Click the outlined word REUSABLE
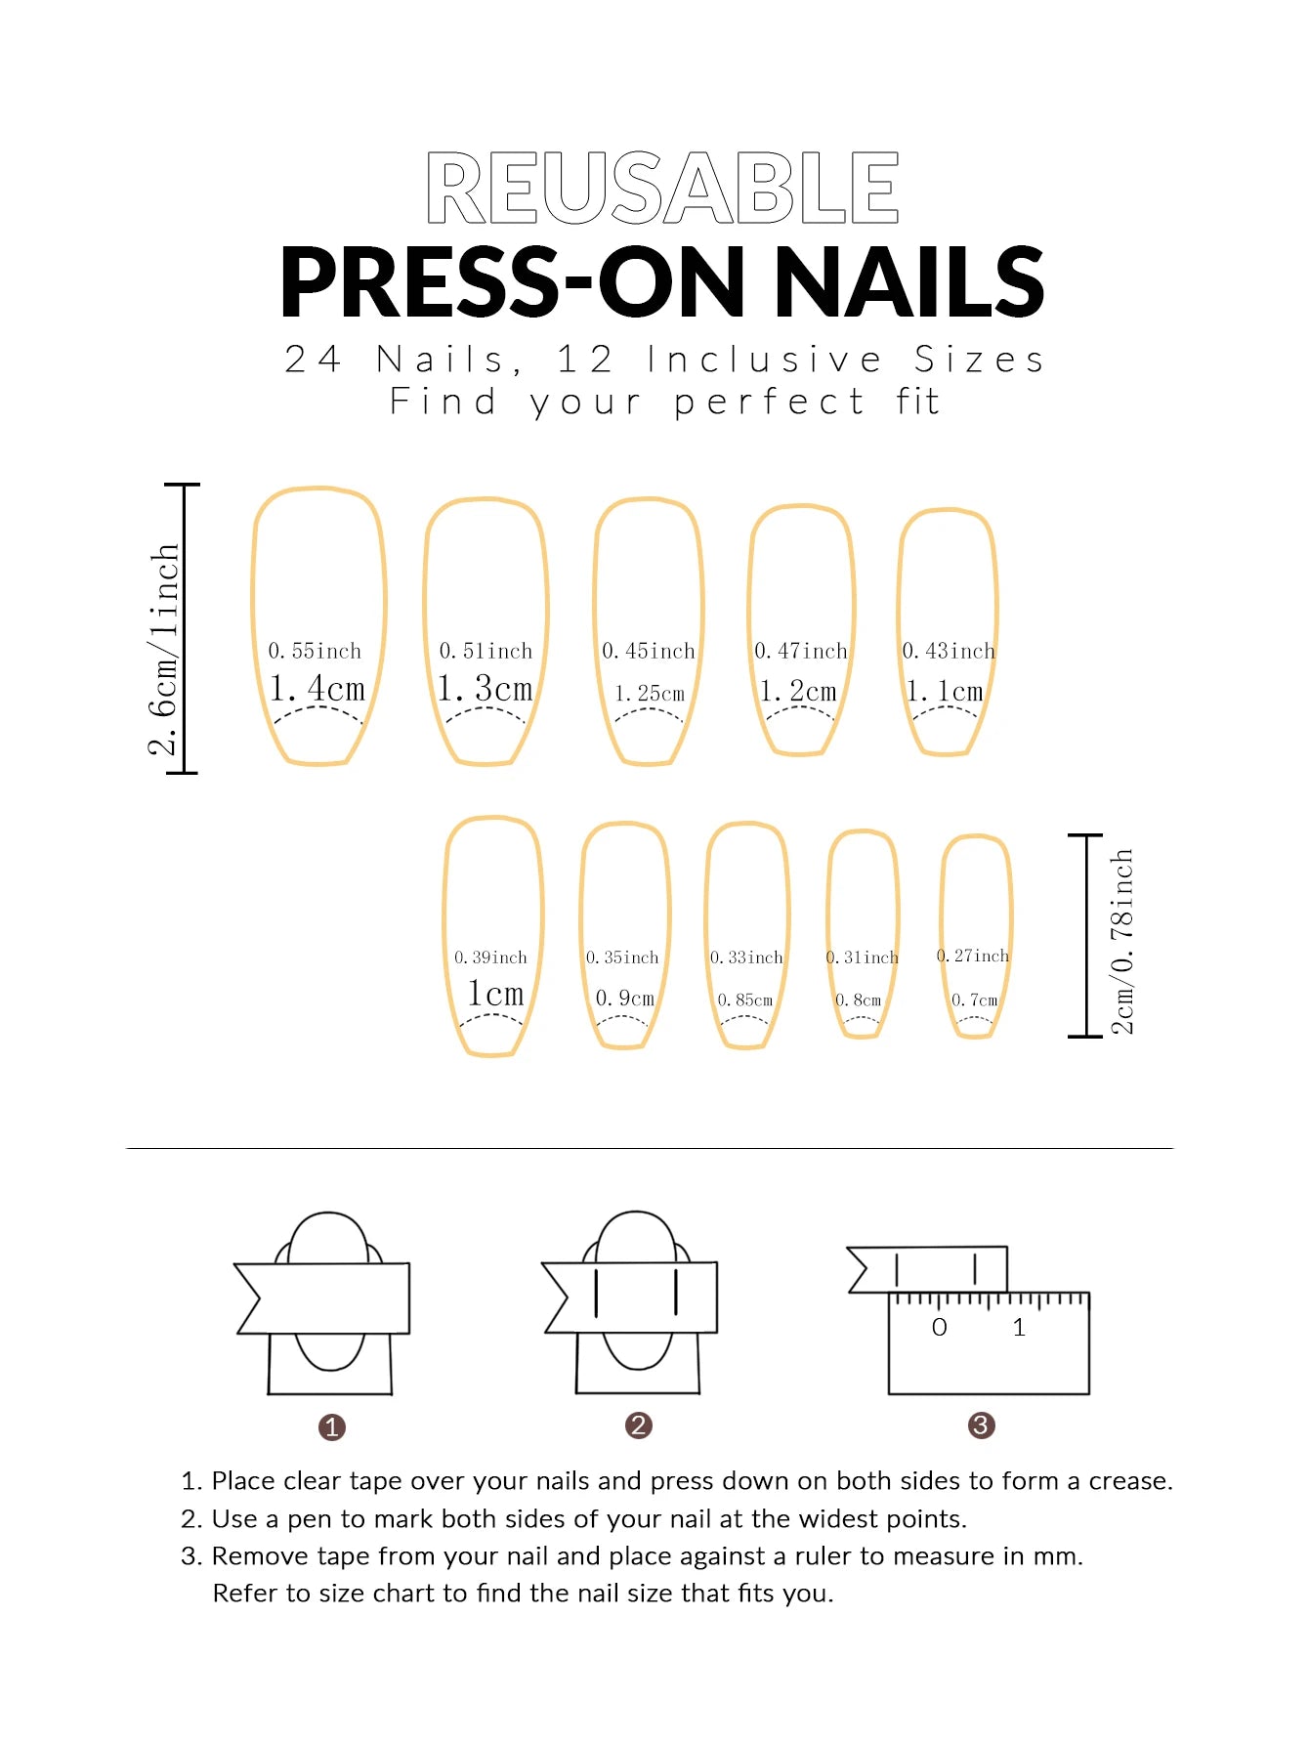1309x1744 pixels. (x=662, y=188)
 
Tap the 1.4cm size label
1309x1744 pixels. (x=317, y=689)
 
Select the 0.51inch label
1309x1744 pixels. (x=486, y=651)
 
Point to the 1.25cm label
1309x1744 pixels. (x=649, y=694)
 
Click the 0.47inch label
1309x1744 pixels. (x=801, y=651)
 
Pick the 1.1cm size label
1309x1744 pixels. (x=945, y=692)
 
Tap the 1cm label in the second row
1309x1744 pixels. (x=495, y=994)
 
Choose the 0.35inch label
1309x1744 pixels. (x=622, y=957)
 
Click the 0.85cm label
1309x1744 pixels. (x=745, y=1000)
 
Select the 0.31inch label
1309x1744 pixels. (x=862, y=957)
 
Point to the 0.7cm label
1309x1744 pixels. (x=975, y=1000)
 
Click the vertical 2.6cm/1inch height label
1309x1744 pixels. (x=164, y=650)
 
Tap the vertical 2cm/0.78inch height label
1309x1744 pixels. (x=1122, y=941)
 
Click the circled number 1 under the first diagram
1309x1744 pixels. (x=331, y=1427)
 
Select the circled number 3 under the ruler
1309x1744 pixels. (x=981, y=1425)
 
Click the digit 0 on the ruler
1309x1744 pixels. (x=939, y=1328)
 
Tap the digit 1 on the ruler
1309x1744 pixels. (x=1019, y=1328)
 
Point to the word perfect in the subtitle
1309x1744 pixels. (x=769, y=403)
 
